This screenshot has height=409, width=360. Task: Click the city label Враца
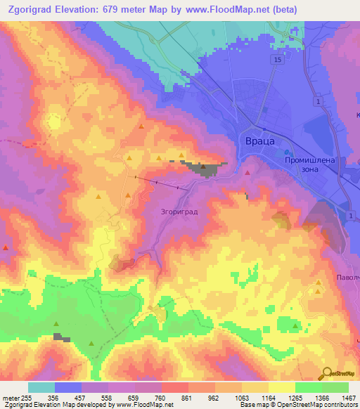[x=258, y=141]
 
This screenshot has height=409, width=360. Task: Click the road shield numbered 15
[x=278, y=61]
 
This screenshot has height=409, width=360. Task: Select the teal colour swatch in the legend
[x=41, y=387]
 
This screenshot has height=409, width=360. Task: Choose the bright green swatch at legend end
[x=335, y=387]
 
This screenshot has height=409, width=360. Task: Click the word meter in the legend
[x=10, y=398]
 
